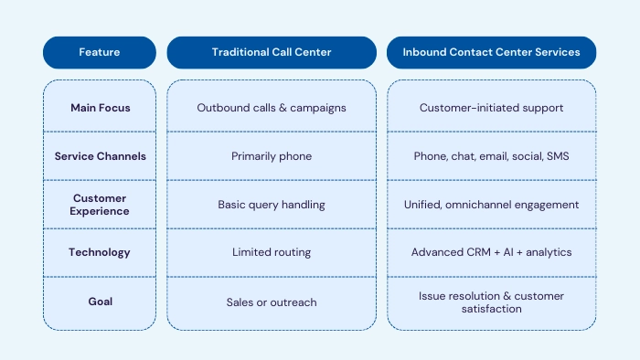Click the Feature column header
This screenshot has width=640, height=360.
tap(100, 52)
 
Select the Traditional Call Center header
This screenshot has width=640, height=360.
tap(272, 52)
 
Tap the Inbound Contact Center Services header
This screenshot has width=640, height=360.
tap(491, 52)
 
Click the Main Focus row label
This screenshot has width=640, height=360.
tap(101, 108)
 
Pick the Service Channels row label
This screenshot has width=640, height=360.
tap(101, 156)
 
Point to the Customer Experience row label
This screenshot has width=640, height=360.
tap(101, 205)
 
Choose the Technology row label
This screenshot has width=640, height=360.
tap(101, 252)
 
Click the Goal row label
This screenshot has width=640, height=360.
tap(101, 302)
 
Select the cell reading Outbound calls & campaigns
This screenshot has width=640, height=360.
tap(272, 108)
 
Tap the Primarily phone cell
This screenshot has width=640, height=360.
tap(272, 156)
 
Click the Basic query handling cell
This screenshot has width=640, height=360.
tap(272, 205)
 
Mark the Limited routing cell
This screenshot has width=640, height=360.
tap(272, 252)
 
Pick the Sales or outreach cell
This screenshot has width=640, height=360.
tap(272, 302)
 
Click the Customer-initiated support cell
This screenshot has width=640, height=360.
tap(491, 108)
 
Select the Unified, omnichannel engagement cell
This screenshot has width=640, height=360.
tap(491, 205)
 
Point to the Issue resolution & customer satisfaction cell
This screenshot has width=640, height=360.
tap(491, 302)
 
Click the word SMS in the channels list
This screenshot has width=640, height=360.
tap(557, 156)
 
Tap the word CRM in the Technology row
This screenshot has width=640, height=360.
tap(476, 252)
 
